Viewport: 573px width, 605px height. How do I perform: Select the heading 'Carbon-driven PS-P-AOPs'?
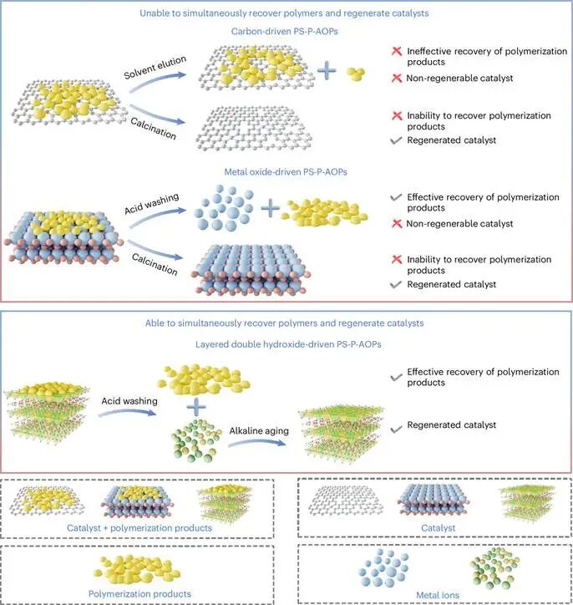coord(286,32)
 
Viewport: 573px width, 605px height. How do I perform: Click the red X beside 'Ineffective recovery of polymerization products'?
coord(397,52)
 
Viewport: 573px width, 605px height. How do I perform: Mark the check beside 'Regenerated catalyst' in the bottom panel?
coord(397,426)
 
